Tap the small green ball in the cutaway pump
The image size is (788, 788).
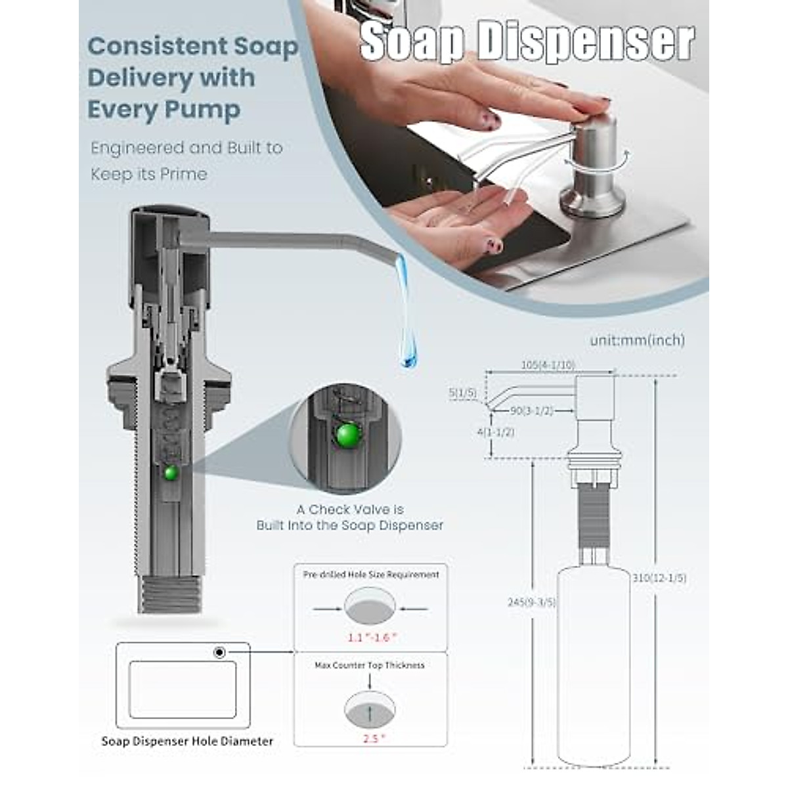(x=171, y=472)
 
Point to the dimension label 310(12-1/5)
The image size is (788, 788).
(x=659, y=578)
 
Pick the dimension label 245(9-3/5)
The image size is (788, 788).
(x=531, y=602)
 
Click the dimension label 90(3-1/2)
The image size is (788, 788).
(x=532, y=410)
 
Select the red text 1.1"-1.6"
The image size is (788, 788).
(x=372, y=637)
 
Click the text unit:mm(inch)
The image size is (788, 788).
(x=637, y=340)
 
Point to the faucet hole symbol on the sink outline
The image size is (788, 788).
(x=219, y=652)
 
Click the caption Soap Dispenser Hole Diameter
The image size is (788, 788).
(x=187, y=741)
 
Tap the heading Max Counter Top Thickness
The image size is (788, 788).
(x=370, y=665)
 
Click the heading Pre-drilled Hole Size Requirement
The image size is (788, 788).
(x=371, y=575)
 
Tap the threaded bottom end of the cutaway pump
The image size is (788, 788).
(x=171, y=594)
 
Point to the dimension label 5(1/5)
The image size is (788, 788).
(x=462, y=393)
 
